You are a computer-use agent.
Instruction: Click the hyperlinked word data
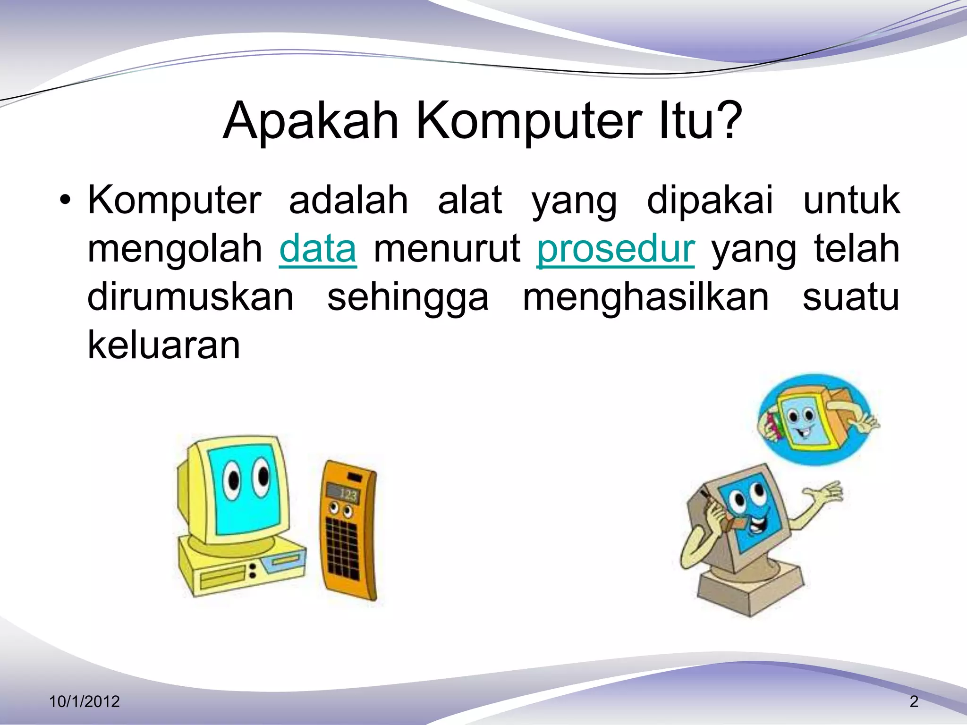tap(318, 249)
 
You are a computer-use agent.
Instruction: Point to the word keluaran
tap(164, 345)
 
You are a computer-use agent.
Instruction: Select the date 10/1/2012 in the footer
tap(85, 701)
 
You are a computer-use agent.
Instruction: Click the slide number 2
tap(914, 701)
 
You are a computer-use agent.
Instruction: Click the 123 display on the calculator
tap(348, 494)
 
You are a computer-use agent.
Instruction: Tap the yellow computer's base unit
tap(241, 569)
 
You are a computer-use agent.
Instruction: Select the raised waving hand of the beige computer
tap(826, 493)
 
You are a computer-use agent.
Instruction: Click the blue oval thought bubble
tap(814, 419)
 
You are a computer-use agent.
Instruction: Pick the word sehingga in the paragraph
tap(408, 298)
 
